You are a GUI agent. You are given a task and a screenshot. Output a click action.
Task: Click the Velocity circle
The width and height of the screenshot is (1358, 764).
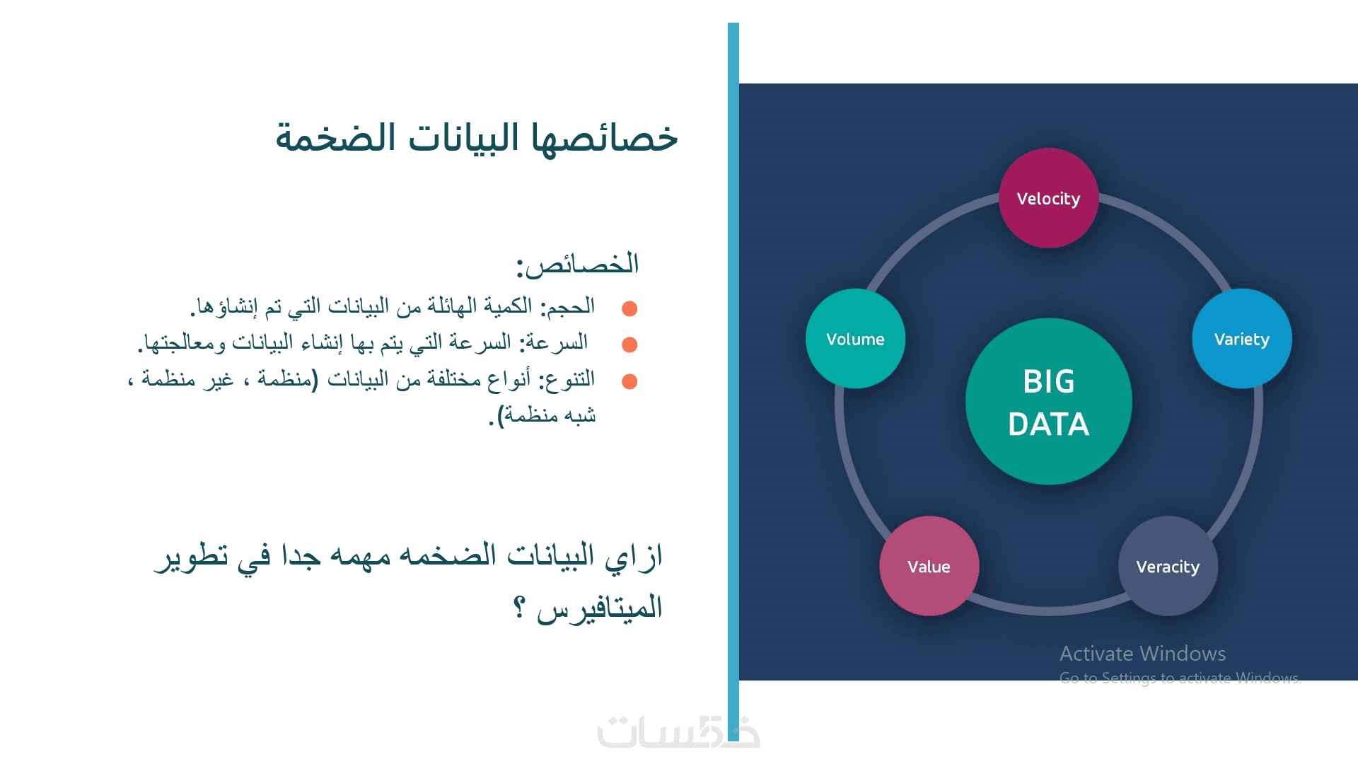[1048, 198]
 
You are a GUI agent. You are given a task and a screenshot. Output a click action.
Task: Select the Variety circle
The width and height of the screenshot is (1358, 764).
[1242, 339]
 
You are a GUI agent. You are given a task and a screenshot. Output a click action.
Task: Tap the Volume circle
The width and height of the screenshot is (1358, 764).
[855, 339]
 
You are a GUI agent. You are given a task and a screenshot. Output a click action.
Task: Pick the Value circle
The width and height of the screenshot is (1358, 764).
[929, 566]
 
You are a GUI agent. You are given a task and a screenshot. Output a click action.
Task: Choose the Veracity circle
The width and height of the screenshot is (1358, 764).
[1168, 566]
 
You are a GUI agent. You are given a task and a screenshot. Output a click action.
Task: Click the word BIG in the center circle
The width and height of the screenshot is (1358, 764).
[1048, 382]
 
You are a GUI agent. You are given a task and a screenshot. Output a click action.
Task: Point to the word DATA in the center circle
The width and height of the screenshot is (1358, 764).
[1048, 424]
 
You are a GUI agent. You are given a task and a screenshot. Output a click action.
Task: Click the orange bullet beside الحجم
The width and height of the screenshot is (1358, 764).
[629, 308]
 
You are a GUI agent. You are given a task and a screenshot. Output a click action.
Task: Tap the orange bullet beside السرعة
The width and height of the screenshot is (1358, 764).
[629, 345]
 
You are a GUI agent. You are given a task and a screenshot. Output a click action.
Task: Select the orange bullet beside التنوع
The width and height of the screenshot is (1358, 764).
[629, 381]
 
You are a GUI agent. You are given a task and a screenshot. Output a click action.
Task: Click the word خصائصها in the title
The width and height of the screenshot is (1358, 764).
[605, 137]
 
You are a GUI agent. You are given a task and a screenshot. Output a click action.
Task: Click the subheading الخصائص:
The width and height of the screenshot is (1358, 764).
[577, 265]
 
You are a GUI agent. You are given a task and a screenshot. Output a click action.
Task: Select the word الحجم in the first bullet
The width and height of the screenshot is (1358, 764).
[567, 307]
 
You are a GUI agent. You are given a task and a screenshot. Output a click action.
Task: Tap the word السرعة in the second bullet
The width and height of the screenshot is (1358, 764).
[554, 343]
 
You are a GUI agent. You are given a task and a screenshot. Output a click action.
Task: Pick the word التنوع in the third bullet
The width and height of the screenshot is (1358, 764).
[567, 380]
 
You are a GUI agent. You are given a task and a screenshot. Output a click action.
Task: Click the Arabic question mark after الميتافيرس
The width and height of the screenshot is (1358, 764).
[519, 607]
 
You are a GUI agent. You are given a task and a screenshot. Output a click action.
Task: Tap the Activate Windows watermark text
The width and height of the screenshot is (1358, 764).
[1142, 654]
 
